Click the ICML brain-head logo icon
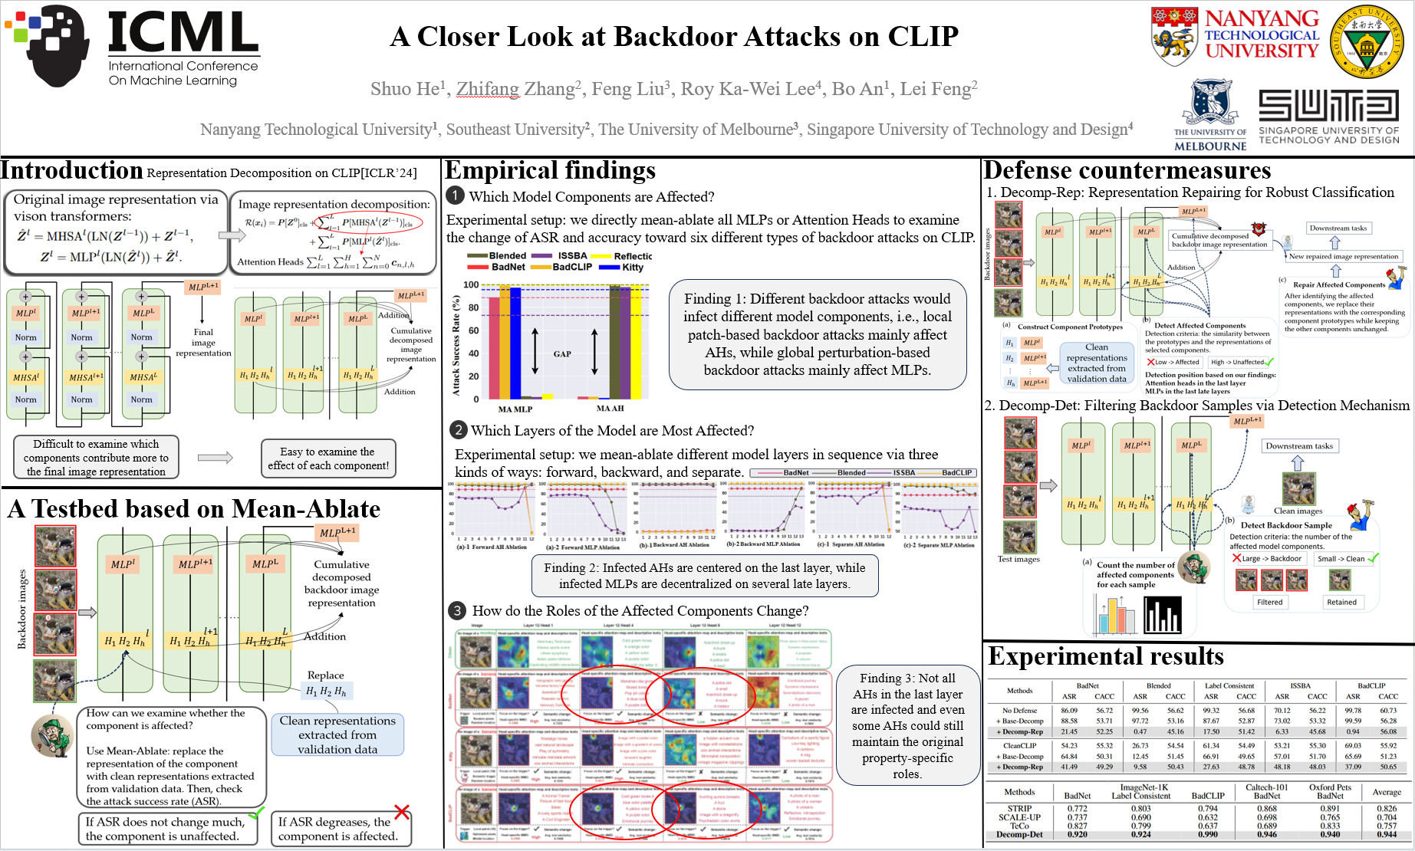point(48,44)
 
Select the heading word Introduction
point(72,170)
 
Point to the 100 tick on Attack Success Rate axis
point(471,285)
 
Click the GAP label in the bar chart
point(562,354)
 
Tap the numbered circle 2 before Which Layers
point(458,430)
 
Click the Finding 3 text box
point(907,725)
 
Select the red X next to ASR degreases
point(402,812)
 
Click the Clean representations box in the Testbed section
point(337,734)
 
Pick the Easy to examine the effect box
point(328,458)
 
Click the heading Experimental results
point(1106,657)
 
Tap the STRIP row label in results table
point(1019,809)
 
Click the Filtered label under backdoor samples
point(1269,603)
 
